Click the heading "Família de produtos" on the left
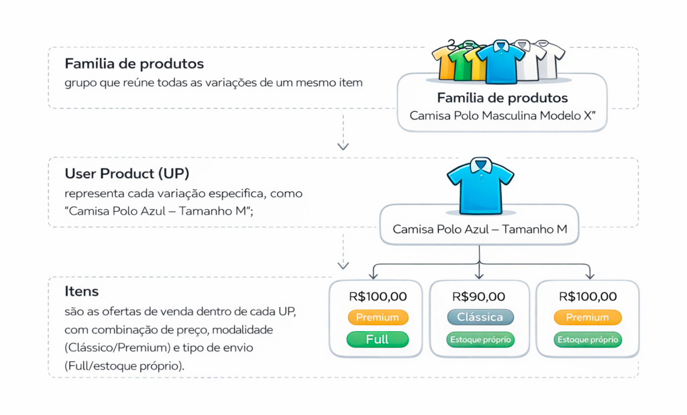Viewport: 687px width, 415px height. pyautogui.click(x=134, y=64)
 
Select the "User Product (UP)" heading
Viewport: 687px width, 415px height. pyautogui.click(x=131, y=174)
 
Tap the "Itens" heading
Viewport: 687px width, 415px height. pyautogui.click(x=82, y=291)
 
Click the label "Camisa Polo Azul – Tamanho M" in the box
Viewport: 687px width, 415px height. pyautogui.click(x=480, y=229)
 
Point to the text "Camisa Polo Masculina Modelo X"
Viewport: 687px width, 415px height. pyautogui.click(x=502, y=115)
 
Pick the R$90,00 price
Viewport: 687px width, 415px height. pyautogui.click(x=479, y=296)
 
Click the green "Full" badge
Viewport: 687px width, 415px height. pyautogui.click(x=378, y=340)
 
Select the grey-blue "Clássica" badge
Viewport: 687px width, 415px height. pyautogui.click(x=480, y=317)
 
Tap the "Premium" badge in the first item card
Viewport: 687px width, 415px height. pyautogui.click(x=378, y=317)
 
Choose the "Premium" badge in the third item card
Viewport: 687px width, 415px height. pyautogui.click(x=588, y=317)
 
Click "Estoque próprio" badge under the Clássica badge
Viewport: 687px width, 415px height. pyautogui.click(x=480, y=340)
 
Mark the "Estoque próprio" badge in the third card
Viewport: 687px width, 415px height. pyautogui.click(x=588, y=340)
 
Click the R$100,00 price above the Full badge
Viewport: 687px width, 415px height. pyautogui.click(x=378, y=296)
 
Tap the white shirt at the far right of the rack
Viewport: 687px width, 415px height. pyautogui.click(x=551, y=59)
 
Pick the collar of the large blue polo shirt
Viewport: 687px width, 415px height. pyautogui.click(x=480, y=165)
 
